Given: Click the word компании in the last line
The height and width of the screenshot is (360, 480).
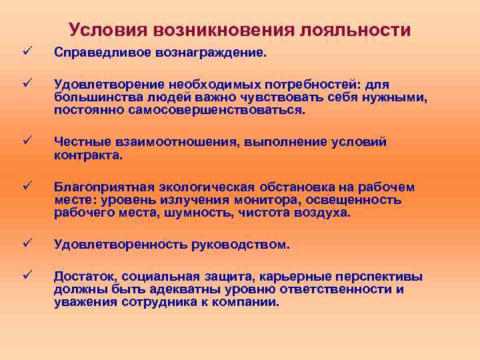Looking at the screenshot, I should point(247,302).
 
